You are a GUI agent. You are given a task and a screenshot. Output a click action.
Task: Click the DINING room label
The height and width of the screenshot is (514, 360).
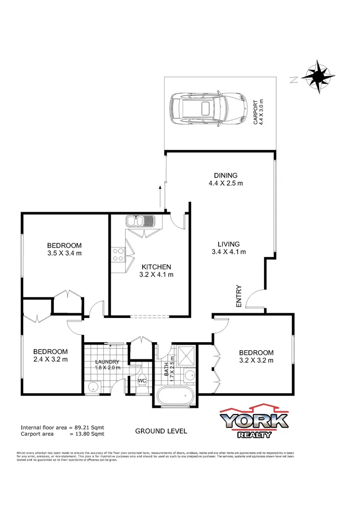coord(225,175)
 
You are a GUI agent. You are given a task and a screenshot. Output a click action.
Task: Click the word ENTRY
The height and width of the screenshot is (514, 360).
coord(239,296)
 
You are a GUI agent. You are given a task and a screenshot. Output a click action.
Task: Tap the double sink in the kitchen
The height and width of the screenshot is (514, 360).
coord(139,221)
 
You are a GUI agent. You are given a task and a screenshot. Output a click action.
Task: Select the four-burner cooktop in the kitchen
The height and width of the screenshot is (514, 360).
coord(118,255)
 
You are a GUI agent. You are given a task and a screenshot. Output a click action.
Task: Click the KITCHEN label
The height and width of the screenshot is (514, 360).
coord(156,267)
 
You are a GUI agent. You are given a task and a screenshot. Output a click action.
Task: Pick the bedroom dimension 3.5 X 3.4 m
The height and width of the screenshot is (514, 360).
coord(65,253)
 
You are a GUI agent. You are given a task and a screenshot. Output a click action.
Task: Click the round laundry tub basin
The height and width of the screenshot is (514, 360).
coord(93,385)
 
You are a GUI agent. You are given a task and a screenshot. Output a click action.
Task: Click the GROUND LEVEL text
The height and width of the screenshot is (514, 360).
coord(161,431)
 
